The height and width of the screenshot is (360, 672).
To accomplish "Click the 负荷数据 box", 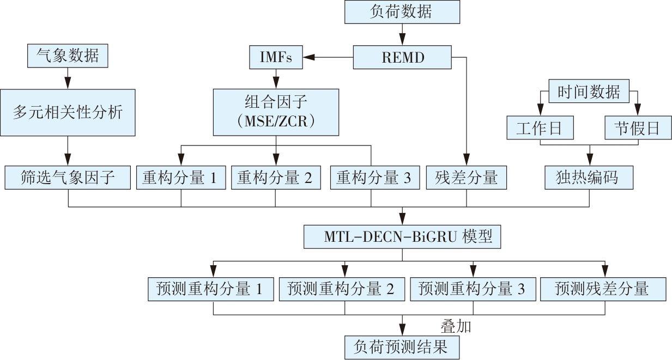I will click(402, 12).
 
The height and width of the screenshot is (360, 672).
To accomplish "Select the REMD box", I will click(403, 57).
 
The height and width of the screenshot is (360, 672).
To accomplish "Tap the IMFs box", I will click(276, 57).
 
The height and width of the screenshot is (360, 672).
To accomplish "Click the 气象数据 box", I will click(68, 57).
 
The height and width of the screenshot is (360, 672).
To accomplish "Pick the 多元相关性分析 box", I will click(68, 113).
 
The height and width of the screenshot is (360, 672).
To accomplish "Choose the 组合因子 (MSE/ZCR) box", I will click(275, 112).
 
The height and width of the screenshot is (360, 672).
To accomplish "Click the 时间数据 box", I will click(589, 91).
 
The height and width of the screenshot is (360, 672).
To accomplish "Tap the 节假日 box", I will click(638, 128).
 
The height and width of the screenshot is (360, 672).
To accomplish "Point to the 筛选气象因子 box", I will click(68, 178).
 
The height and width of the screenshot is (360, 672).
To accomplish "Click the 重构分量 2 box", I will click(275, 178).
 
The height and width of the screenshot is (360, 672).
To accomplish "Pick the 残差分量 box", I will click(466, 178).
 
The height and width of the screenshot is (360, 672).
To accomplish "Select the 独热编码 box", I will click(589, 178).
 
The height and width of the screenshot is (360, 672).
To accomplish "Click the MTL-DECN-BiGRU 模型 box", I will click(402, 237).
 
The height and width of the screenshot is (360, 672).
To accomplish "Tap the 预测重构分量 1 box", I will click(213, 289).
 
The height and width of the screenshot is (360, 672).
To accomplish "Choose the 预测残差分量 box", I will click(603, 289).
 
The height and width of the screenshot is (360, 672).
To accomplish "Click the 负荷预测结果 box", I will click(402, 347).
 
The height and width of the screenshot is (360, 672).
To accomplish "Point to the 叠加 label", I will click(455, 326).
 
